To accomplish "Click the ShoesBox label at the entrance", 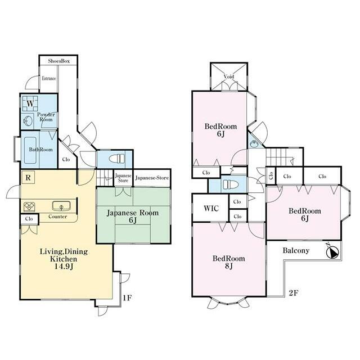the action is (58, 61).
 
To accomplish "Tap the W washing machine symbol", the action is (30, 103).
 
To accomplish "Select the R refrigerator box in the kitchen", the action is (28, 177).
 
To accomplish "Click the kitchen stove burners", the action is (29, 206).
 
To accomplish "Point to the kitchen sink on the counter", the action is (61, 206).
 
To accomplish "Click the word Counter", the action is (57, 217).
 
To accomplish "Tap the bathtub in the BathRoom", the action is (30, 150).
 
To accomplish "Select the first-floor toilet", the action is (116, 159).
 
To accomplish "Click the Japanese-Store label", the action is (152, 178).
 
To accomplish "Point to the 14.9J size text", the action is (64, 267).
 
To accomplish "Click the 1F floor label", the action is (127, 298).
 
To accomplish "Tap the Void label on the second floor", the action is (229, 76).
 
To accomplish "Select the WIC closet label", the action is (211, 208).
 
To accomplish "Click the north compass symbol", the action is (332, 251).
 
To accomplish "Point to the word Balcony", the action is (296, 250).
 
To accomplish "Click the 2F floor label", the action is (294, 293).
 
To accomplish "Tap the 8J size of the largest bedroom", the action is (228, 266).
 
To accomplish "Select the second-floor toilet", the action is (230, 184).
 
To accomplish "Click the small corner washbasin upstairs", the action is (254, 145).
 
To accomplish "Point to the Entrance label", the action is (49, 78).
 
